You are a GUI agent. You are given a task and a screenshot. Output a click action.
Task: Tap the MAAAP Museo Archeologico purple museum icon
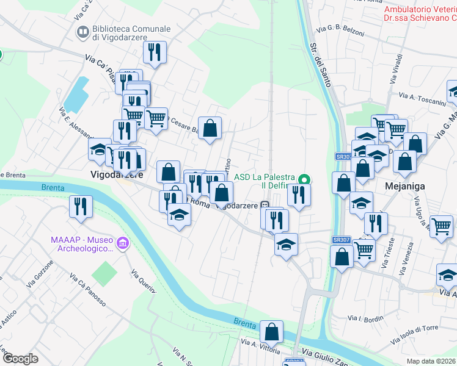click(123, 244)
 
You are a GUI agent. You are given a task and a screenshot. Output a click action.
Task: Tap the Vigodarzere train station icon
click(265, 206)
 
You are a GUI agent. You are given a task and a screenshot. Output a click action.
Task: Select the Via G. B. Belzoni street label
click(340, 29)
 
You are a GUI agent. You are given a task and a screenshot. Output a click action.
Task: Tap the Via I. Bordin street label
click(365, 318)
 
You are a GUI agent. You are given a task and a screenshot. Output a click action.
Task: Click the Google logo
click(20, 359)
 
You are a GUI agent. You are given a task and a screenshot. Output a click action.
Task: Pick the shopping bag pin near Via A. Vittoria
click(271, 332)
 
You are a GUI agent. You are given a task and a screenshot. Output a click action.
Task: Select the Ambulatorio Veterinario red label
click(420, 13)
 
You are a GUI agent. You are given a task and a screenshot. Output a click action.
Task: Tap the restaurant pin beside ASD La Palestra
click(299, 194)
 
